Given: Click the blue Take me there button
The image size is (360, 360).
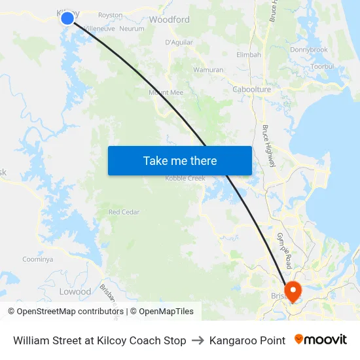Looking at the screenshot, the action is [x=179, y=160].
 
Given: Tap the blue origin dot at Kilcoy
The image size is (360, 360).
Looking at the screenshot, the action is [x=67, y=18].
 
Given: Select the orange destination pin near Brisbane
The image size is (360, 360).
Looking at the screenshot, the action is [x=291, y=291].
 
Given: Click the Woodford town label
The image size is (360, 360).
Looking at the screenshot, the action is [x=170, y=20].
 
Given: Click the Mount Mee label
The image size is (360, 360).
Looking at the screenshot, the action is [x=166, y=93].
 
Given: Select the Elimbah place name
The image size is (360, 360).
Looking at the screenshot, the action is [x=249, y=54].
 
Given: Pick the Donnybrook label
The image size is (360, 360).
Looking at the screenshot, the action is [x=308, y=50].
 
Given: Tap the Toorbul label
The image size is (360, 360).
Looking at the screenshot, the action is [x=323, y=66].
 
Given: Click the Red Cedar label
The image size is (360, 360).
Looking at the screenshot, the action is [x=124, y=212].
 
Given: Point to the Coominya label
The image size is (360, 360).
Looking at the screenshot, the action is [x=37, y=259].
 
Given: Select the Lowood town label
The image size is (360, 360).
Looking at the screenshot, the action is [x=75, y=291].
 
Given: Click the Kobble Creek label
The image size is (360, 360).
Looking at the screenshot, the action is [x=185, y=178].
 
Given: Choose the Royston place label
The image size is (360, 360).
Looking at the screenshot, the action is [x=110, y=14].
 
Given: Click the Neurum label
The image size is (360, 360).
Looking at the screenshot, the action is [x=132, y=29].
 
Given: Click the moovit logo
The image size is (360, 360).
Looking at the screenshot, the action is [x=320, y=340].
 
